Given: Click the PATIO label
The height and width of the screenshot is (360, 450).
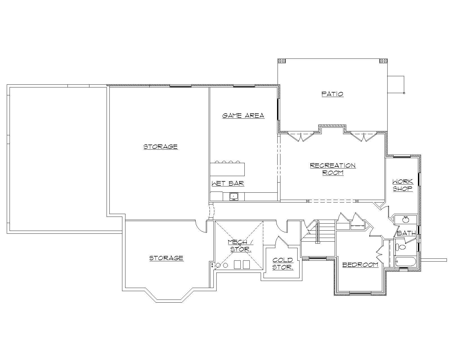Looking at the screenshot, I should point(332,94).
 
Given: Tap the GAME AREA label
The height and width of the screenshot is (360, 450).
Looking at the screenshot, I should point(243,115).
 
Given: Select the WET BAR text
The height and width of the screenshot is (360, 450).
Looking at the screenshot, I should point(228,183).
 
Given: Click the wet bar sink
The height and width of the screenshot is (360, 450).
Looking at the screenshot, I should point(234,196).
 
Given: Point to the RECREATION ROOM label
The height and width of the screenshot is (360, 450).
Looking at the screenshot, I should point(333,169).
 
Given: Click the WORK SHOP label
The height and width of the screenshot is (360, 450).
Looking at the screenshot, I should point(403,185).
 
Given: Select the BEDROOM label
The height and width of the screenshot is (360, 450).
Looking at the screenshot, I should point(360,265).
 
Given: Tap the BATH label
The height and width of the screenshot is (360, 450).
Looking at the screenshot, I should point(406,233).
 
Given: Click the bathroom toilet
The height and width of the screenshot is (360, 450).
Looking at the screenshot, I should point(401,247).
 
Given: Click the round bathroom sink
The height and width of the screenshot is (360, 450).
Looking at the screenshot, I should point(406,220).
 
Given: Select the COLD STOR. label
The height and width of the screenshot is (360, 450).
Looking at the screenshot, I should point(283,264).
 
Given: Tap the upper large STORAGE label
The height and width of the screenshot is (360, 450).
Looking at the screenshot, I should point(161,147).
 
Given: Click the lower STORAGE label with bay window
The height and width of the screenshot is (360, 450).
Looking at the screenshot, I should point(166,258).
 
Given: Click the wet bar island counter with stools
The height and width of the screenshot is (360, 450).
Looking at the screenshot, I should point(227,169).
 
